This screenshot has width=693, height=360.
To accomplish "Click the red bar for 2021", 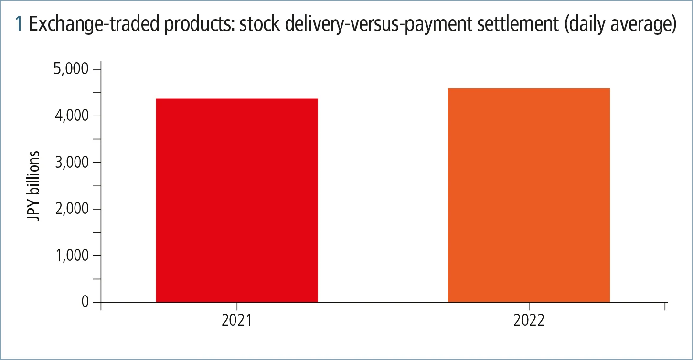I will tap(237, 201).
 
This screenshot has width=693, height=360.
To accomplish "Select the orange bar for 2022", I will tap(529, 195).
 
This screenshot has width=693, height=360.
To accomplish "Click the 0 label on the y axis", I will tap(85, 302).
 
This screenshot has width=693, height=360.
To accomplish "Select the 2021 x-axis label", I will tap(237, 320).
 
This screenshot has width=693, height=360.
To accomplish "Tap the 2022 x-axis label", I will tap(529, 320).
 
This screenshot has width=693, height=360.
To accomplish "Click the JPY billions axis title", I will tap(34, 186).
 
